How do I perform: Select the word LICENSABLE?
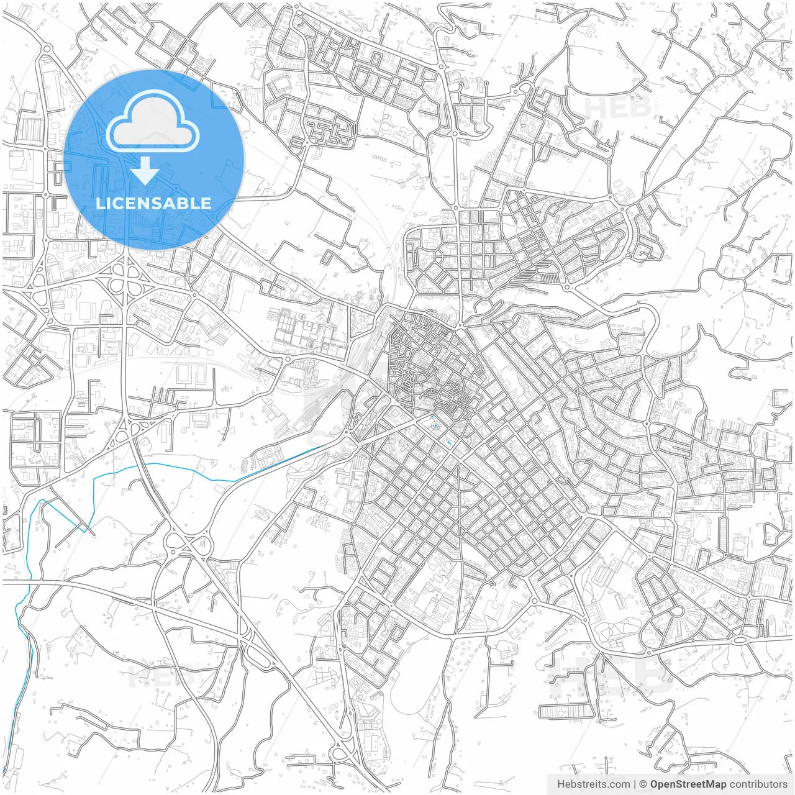(x=153, y=203)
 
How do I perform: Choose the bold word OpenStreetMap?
(x=688, y=784)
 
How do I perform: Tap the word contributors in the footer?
(x=758, y=784)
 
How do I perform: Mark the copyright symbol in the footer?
(x=643, y=784)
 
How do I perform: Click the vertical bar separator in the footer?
(x=635, y=784)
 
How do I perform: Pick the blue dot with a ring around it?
(x=435, y=425)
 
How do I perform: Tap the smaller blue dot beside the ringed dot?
(x=432, y=416)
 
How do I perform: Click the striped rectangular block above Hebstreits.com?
(x=563, y=711)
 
